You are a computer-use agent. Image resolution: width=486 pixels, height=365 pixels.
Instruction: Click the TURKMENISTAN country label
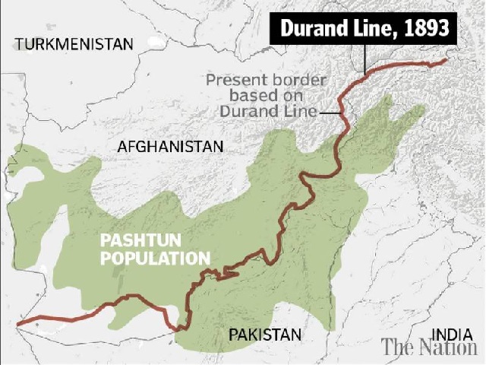pos(74,43)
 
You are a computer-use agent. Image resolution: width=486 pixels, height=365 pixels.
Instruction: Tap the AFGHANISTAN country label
pos(171,146)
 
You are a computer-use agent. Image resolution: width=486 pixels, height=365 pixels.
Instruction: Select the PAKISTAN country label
pos(265,334)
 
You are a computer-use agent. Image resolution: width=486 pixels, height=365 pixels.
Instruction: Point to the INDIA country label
pos(453,334)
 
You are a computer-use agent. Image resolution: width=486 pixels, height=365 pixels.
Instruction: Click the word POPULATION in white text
pos(156,259)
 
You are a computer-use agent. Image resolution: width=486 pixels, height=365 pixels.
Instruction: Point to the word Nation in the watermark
pos(448,348)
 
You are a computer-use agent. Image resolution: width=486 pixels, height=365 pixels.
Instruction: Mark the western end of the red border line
pos(17,325)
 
